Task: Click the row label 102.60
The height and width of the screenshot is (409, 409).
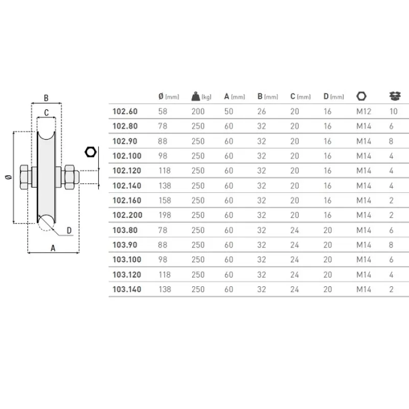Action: point(125,111)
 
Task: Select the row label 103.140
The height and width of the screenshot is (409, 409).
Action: point(127,289)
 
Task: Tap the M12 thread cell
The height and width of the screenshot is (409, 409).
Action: point(363,111)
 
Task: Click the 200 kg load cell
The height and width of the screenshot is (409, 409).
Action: point(198,111)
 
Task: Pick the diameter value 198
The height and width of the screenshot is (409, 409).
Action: point(165,215)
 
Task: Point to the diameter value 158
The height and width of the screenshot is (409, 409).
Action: point(165,200)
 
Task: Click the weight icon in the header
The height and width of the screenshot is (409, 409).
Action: point(196,96)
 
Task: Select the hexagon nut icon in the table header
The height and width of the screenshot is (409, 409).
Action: point(361,96)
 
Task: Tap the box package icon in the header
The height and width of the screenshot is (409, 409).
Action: point(395,96)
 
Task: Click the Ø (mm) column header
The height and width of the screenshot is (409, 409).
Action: point(169,97)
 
